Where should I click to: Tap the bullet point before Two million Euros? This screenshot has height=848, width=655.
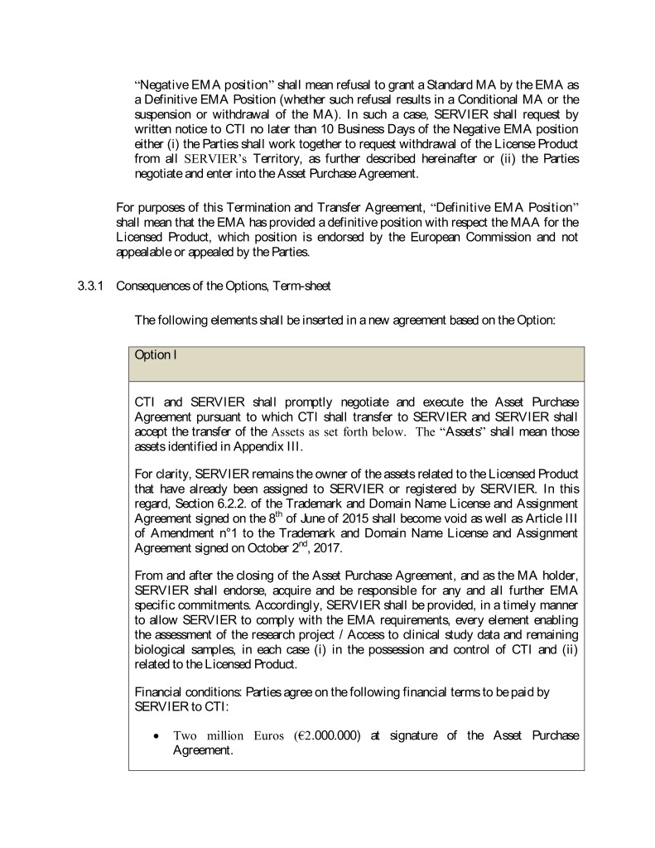click(x=155, y=735)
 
